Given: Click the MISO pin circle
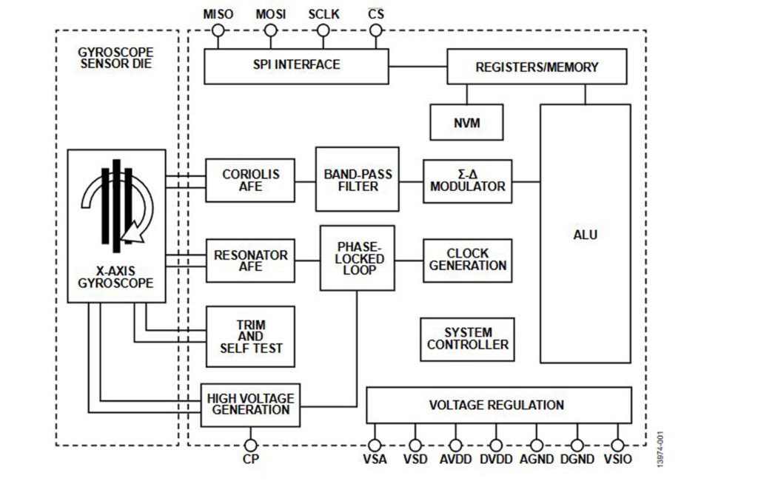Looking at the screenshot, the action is pyautogui.click(x=218, y=31).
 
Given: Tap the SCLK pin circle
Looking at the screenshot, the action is pyautogui.click(x=323, y=31).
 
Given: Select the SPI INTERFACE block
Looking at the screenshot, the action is pyautogui.click(x=296, y=67).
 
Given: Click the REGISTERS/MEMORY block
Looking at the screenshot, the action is pyautogui.click(x=537, y=67).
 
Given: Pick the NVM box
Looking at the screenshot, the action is pyautogui.click(x=466, y=122).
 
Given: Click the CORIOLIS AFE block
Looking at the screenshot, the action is pyautogui.click(x=250, y=181).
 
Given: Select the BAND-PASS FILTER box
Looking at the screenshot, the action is pyautogui.click(x=358, y=179).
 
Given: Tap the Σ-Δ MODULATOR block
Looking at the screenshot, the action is pyautogui.click(x=468, y=181).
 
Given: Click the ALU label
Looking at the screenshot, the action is pyautogui.click(x=585, y=235).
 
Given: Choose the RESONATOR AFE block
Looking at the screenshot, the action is pyautogui.click(x=250, y=261).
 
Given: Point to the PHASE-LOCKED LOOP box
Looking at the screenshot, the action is pyautogui.click(x=358, y=258).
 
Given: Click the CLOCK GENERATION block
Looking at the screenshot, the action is pyautogui.click(x=468, y=261).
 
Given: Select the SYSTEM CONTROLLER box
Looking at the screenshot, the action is pyautogui.click(x=468, y=340).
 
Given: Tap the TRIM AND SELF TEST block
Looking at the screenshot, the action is pyautogui.click(x=250, y=337).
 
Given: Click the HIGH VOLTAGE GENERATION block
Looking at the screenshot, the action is pyautogui.click(x=250, y=406).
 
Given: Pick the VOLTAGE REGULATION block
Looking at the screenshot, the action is pyautogui.click(x=499, y=406).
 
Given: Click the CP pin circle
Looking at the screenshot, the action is pyautogui.click(x=250, y=445).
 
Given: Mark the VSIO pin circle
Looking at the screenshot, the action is pyautogui.click(x=617, y=445).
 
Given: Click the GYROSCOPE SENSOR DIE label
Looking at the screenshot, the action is pyautogui.click(x=116, y=58).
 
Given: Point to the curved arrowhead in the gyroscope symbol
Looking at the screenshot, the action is pyautogui.click(x=133, y=232).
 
